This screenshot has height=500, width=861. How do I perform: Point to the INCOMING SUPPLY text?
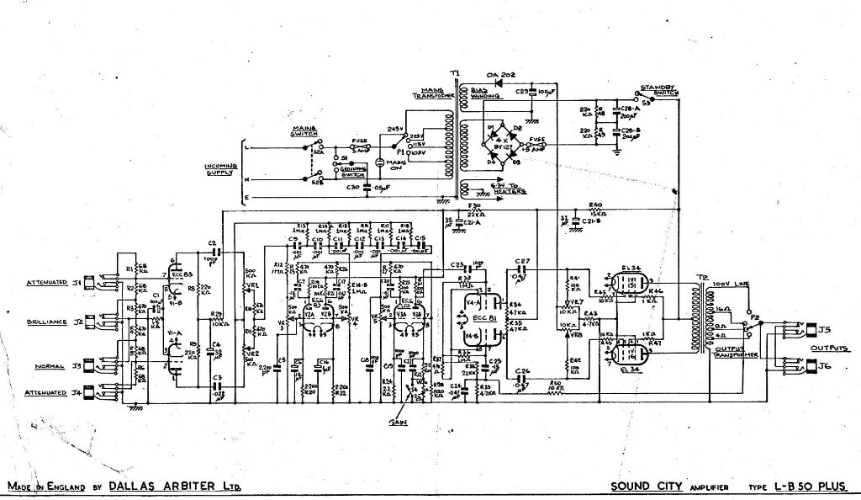tap(220, 169)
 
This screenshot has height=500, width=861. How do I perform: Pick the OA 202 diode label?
tap(500, 76)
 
